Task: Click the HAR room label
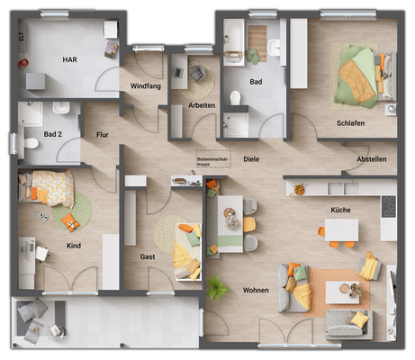coord(69,59)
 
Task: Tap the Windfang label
coord(146,85)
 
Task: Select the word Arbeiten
coord(201,105)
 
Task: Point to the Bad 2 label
coord(53,134)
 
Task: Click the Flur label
coord(103,134)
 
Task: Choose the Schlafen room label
coord(350,122)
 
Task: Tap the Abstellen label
coord(371,159)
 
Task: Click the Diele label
coord(251,159)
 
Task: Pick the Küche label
coord(340,210)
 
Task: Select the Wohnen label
coord(257,290)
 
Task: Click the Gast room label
coord(148,256)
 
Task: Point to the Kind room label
coord(74,245)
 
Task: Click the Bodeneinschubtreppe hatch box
coord(214,159)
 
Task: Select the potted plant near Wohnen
coord(216,287)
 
